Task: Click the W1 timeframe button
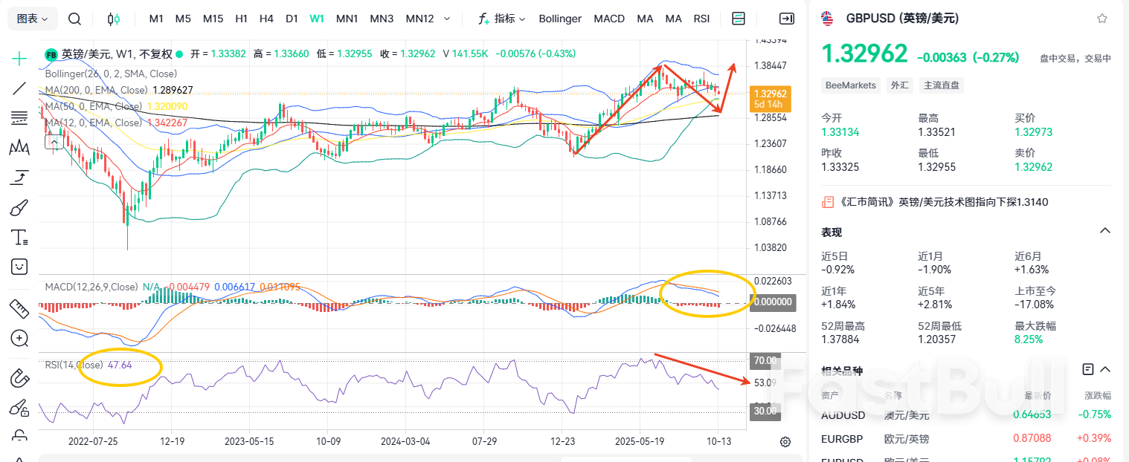(x=317, y=19)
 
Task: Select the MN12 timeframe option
(x=419, y=19)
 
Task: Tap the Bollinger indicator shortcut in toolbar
(x=560, y=19)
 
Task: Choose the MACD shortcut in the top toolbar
(x=609, y=19)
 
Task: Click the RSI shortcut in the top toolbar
(x=701, y=19)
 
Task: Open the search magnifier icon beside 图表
(x=74, y=19)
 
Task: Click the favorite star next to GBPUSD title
(x=1101, y=19)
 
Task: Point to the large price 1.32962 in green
(x=864, y=54)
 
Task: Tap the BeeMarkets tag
(x=851, y=85)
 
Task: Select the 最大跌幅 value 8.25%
(x=1029, y=339)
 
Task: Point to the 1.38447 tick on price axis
(x=771, y=66)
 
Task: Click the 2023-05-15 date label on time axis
(x=249, y=441)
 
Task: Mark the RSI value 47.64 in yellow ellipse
(x=120, y=365)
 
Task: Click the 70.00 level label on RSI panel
(x=765, y=361)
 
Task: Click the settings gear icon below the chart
(x=785, y=442)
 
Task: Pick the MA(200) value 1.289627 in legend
(x=173, y=90)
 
